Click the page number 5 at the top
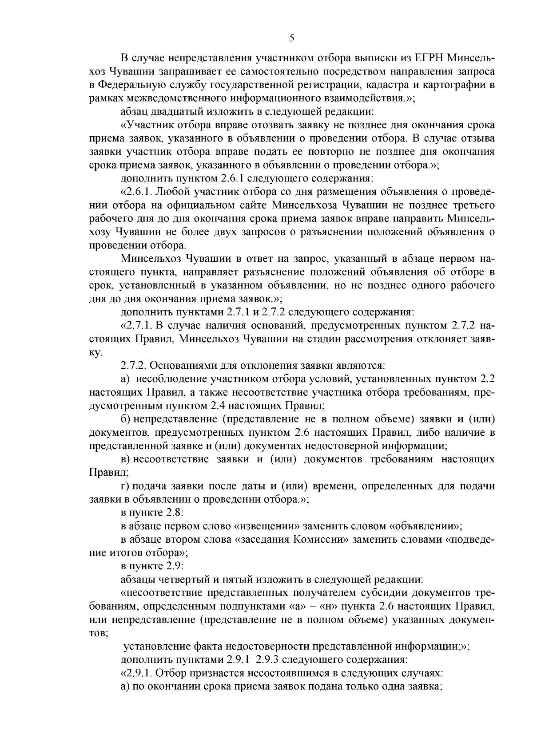tap(292, 38)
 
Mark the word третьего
tap(471, 205)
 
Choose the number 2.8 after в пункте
tap(175, 513)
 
